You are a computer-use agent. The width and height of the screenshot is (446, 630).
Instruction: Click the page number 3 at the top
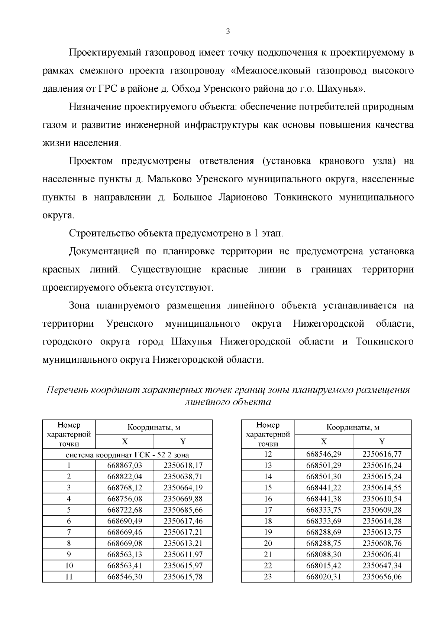click(x=228, y=32)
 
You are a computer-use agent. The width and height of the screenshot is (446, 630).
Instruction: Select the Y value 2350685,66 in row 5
click(x=183, y=510)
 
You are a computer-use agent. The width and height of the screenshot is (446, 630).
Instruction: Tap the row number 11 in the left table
click(x=69, y=577)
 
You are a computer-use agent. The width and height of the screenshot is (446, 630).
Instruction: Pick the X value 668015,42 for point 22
click(x=323, y=565)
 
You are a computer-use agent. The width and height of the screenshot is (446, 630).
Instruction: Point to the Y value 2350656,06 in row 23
click(x=382, y=577)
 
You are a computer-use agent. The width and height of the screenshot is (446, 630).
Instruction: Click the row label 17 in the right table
click(x=268, y=510)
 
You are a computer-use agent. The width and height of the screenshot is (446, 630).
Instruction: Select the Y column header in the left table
click(x=183, y=441)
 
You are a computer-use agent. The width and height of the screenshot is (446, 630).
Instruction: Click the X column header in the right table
click(x=323, y=441)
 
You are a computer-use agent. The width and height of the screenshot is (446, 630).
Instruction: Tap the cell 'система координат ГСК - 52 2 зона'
click(x=127, y=454)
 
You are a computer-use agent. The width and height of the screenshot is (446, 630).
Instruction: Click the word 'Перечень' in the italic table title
click(x=67, y=390)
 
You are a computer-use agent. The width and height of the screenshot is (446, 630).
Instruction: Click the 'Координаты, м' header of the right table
click(x=353, y=427)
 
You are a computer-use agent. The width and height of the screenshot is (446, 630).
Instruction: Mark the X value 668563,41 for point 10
click(x=125, y=565)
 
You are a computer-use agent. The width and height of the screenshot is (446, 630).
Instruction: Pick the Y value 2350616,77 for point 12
click(x=382, y=454)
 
